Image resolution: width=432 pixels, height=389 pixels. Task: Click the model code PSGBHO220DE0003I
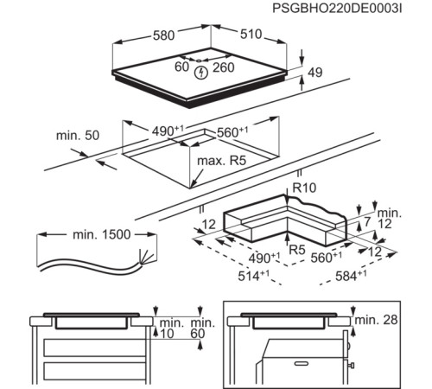[x=337, y=9]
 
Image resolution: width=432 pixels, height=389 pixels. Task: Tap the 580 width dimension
[x=163, y=35]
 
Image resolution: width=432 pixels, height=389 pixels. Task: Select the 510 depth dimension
[x=251, y=34]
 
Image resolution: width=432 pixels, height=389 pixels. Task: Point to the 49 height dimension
[x=314, y=72]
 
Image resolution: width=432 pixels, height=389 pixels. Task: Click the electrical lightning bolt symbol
[x=201, y=73]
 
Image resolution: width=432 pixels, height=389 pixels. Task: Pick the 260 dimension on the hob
[x=224, y=67]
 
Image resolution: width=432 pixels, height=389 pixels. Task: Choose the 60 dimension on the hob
[x=181, y=67]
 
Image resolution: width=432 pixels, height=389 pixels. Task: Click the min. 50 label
[x=78, y=136]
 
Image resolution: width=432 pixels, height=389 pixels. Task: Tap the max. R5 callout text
[x=221, y=161]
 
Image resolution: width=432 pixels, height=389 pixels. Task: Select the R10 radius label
[x=304, y=188]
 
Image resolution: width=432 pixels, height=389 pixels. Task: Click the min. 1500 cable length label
[x=101, y=234]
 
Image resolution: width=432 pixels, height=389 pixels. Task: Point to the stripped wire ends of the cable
[x=145, y=256]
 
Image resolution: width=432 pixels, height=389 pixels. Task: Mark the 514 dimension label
[x=253, y=276]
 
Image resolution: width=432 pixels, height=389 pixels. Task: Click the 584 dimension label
[x=351, y=276]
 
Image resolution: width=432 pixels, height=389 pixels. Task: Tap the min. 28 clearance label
[x=376, y=320]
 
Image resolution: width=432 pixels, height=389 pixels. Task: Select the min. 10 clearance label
[x=171, y=328]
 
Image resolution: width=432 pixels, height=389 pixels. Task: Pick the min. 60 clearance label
[x=202, y=328]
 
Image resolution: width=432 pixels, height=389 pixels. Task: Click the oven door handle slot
[x=302, y=363]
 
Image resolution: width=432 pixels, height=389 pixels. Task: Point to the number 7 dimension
[x=366, y=222]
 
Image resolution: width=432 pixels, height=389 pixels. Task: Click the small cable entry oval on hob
[x=199, y=61]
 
